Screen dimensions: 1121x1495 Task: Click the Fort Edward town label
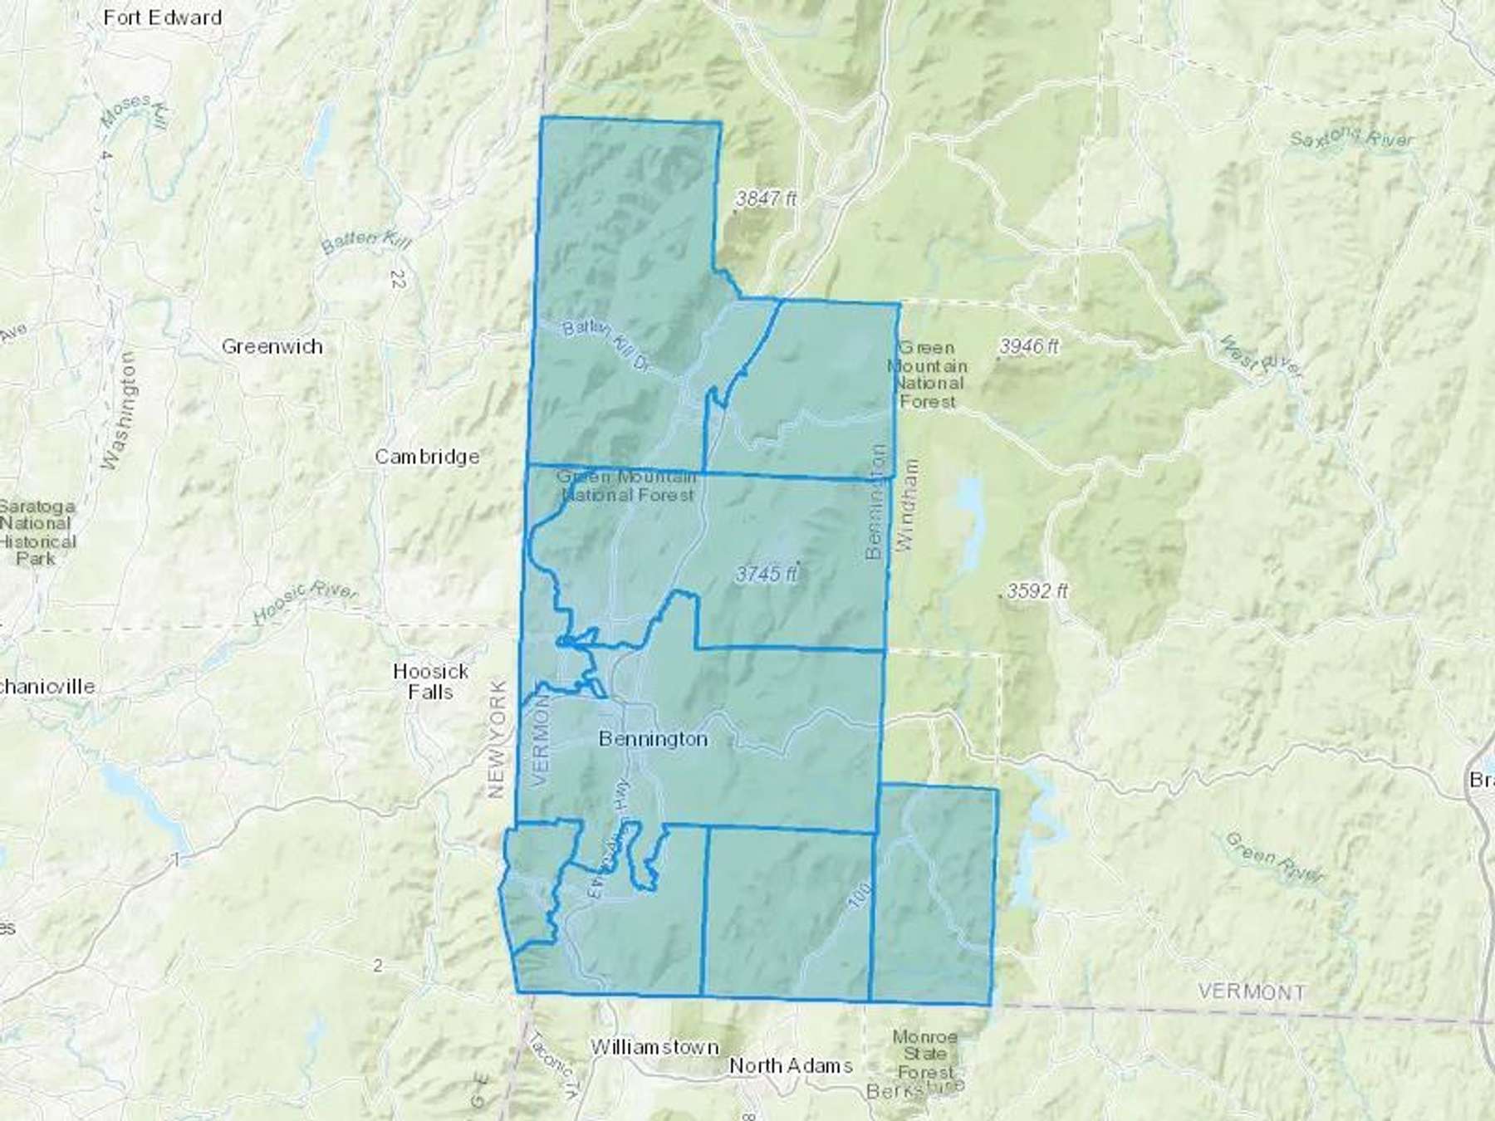coord(163,17)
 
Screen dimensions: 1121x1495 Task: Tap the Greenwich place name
coord(272,346)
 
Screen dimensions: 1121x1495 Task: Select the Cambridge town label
coord(427,456)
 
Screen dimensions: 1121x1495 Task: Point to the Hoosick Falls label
coord(430,681)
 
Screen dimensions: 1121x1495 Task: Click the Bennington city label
coord(653,738)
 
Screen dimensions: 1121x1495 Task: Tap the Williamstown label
coord(654,1047)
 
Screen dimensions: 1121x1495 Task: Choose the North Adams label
coord(791,1065)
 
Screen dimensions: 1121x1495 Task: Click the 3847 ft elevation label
coord(766,198)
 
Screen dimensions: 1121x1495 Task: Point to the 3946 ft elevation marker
coord(1028,346)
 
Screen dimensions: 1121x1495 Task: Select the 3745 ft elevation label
coord(766,574)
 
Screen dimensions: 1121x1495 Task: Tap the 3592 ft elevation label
coord(1037,591)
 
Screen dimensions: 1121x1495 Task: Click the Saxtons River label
coord(1350,138)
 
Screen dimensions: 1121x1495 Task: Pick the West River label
coord(1259,356)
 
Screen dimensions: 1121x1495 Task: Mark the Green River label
coord(1274,857)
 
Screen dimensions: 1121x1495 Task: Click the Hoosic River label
coord(305,602)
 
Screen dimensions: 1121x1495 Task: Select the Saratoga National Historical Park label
coord(37,531)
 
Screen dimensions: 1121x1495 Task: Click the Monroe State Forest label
coord(924,1055)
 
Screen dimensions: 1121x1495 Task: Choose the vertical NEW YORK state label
coord(498,739)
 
